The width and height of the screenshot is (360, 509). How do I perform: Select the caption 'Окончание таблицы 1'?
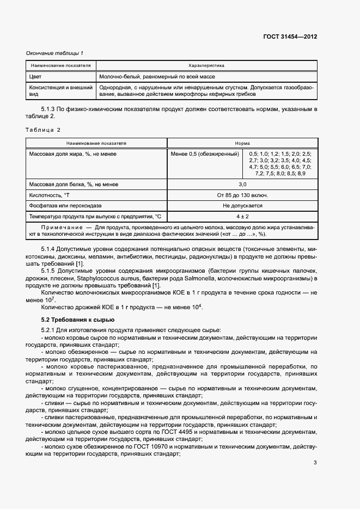(x=55, y=53)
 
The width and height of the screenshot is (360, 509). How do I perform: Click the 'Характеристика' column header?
(x=206, y=65)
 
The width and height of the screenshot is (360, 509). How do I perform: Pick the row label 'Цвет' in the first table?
(x=35, y=77)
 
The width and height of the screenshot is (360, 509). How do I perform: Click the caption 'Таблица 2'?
(x=44, y=130)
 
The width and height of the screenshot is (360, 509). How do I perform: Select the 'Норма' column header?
(x=242, y=143)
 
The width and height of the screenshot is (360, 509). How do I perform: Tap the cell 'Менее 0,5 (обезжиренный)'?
(x=205, y=154)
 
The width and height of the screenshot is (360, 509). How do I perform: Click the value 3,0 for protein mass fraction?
(x=242, y=185)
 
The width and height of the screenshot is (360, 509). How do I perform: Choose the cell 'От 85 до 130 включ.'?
(x=242, y=195)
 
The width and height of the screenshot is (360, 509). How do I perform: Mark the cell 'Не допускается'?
(x=242, y=206)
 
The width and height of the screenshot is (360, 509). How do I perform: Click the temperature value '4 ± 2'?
(x=242, y=216)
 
